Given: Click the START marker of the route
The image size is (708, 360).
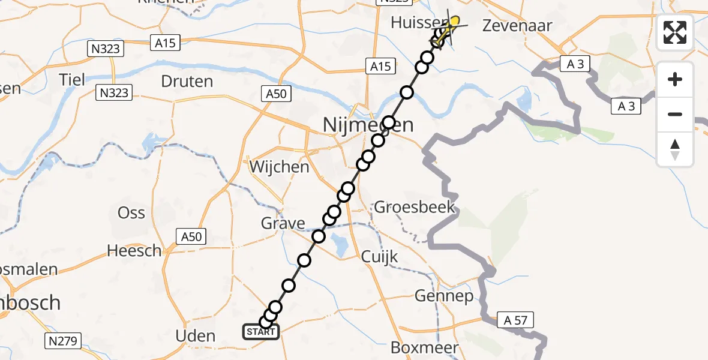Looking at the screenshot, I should tap(261, 332).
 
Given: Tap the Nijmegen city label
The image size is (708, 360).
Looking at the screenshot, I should tap(368, 125).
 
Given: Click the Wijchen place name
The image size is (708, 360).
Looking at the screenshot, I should tap(280, 167).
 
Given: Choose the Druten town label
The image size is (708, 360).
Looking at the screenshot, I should tap(187, 81).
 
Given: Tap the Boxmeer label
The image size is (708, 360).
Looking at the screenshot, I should tap(425, 347).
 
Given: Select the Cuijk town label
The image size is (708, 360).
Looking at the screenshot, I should tap(380, 256).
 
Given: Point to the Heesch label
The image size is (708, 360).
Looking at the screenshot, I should tap(134, 250).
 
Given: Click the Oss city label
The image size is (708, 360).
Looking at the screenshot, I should tap(131, 212).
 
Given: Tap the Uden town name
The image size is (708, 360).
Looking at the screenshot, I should tap(196, 335).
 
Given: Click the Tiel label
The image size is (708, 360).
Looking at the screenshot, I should tap(72, 79).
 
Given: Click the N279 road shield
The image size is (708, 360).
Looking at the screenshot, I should tap(62, 341).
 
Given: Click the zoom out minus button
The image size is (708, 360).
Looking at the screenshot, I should tap(675, 114).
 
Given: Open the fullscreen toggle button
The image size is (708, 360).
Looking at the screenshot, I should tap(675, 32).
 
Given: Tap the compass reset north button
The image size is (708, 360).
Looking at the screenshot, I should tap(675, 149).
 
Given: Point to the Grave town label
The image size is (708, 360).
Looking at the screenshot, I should tap(283, 224).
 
